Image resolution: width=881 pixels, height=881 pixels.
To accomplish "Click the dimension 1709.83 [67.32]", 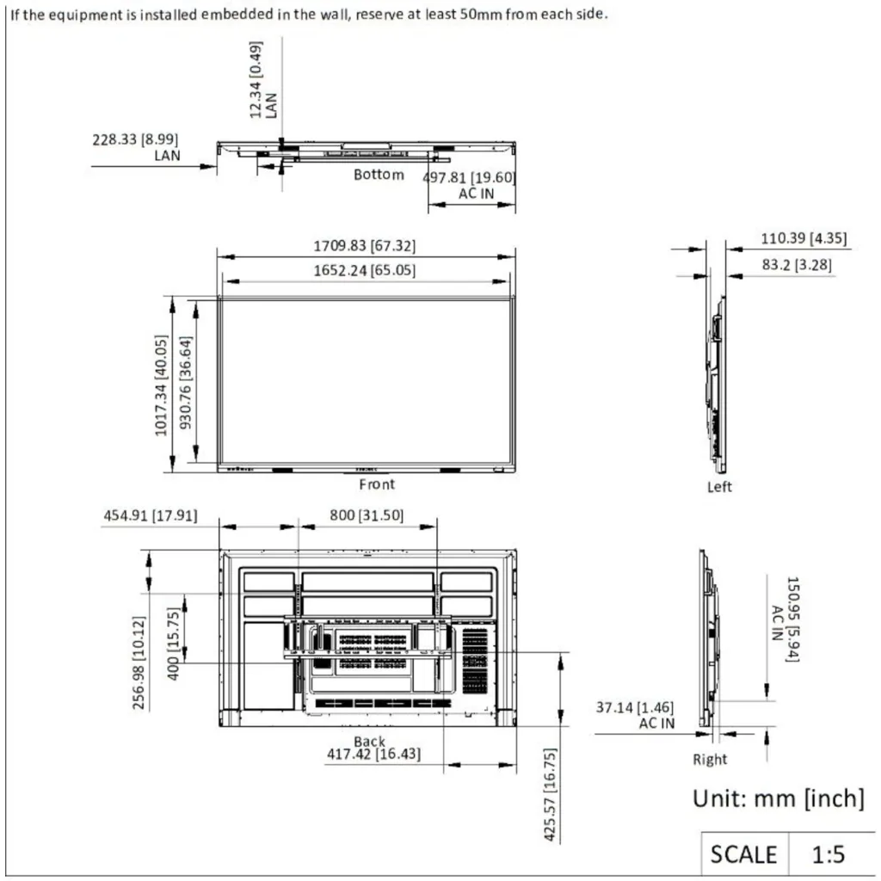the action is pyautogui.click(x=364, y=246).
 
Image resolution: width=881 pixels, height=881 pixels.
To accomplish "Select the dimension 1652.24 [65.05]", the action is pyautogui.click(x=364, y=271).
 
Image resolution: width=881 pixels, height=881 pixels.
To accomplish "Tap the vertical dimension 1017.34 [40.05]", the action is pyautogui.click(x=161, y=385).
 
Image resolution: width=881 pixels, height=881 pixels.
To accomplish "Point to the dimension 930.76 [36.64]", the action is pyautogui.click(x=186, y=383).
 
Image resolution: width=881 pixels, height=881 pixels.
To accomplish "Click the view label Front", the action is pyautogui.click(x=377, y=484).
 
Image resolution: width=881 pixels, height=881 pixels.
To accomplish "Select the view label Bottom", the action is pyautogui.click(x=379, y=175).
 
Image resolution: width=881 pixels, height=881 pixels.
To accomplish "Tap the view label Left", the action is pyautogui.click(x=719, y=487).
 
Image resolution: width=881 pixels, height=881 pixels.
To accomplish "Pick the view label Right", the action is pyautogui.click(x=710, y=760).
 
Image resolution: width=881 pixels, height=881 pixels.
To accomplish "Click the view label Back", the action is pyautogui.click(x=369, y=742).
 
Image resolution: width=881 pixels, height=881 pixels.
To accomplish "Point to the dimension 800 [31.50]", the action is pyautogui.click(x=367, y=515).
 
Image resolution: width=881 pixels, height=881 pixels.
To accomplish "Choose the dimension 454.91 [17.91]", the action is pyautogui.click(x=151, y=516).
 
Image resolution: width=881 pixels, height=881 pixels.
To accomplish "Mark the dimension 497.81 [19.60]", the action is pyautogui.click(x=469, y=177).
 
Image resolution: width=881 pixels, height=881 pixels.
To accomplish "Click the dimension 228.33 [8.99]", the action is pyautogui.click(x=135, y=139).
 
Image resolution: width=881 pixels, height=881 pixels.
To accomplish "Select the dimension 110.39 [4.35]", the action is pyautogui.click(x=804, y=238).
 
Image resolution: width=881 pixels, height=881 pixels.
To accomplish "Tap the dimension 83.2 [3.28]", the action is pyautogui.click(x=797, y=265).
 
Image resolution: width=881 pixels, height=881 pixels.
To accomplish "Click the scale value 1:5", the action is pyautogui.click(x=829, y=854).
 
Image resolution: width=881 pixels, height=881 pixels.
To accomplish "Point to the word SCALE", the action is pyautogui.click(x=743, y=854).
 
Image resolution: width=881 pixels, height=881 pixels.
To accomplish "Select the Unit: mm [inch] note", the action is pyautogui.click(x=778, y=798).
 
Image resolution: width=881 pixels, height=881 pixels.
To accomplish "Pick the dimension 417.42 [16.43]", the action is pyautogui.click(x=373, y=754).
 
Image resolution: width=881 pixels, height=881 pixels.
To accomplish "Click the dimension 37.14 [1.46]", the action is pyautogui.click(x=635, y=707).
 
